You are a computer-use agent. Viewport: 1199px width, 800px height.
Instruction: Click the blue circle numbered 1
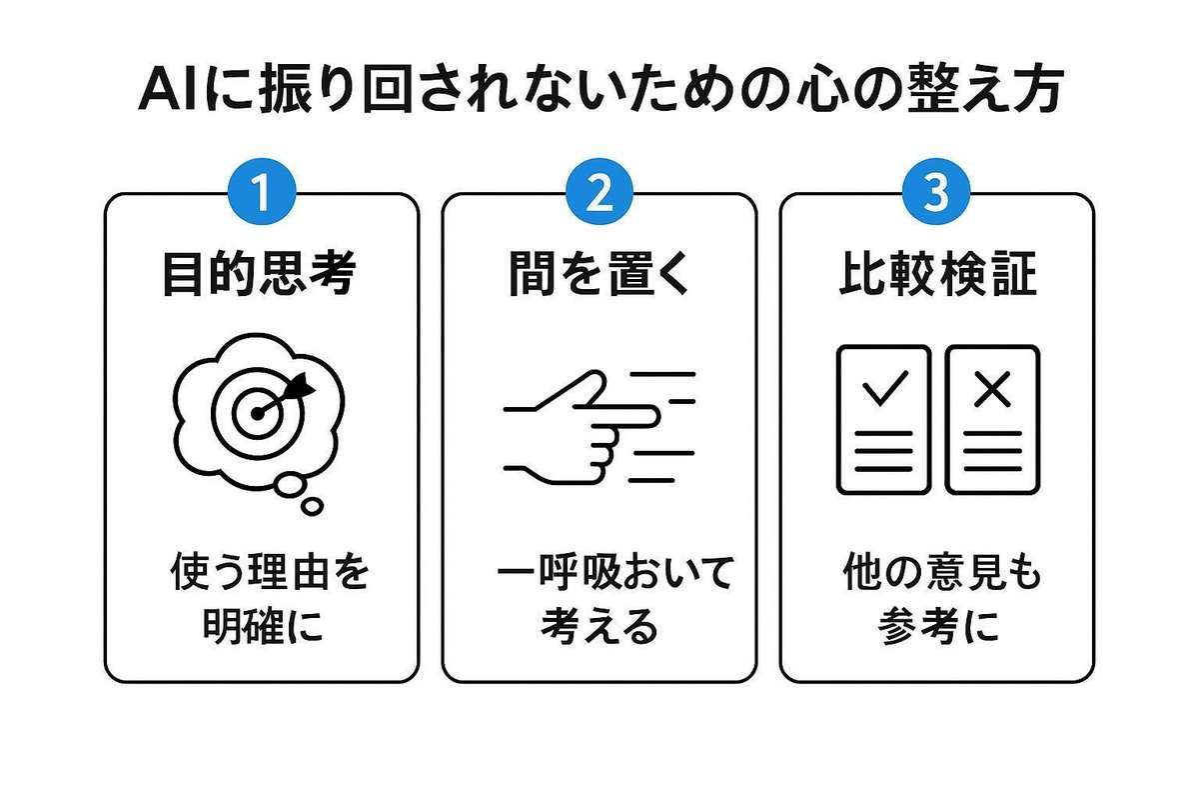[x=262, y=191]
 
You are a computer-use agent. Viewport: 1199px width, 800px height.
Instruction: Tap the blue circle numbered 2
[x=599, y=191]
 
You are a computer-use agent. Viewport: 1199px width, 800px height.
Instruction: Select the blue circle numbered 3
[x=936, y=191]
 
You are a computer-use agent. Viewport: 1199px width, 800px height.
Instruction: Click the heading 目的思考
[x=260, y=273]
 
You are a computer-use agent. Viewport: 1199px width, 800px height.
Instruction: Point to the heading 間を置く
[x=599, y=273]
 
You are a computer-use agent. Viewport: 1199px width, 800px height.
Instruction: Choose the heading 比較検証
[x=938, y=273]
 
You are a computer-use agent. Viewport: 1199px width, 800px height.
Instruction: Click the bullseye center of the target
[x=258, y=414]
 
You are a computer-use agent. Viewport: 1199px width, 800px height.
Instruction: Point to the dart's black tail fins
[x=300, y=386]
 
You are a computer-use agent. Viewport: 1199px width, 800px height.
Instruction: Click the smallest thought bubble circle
[x=312, y=506]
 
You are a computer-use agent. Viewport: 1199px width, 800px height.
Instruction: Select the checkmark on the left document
[x=885, y=388]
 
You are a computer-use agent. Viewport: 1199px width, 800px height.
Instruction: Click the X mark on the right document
[x=992, y=389]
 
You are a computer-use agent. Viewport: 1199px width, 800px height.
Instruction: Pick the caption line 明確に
[x=263, y=625]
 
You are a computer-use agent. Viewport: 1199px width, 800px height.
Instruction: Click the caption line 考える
[x=599, y=625]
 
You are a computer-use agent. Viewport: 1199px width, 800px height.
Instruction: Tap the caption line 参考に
[x=938, y=625]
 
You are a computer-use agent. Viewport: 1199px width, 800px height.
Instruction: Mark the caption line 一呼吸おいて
[x=615, y=572]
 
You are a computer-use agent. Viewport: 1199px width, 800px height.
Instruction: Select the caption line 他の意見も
[x=942, y=572]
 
